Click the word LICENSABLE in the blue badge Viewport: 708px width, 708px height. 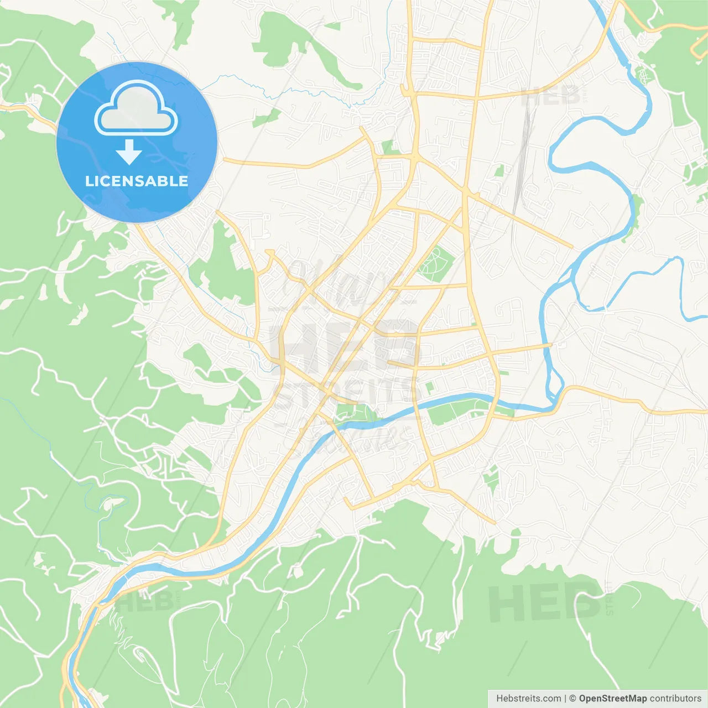point(137,181)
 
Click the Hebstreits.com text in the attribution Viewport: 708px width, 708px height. point(528,698)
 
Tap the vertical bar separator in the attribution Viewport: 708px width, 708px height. point(565,698)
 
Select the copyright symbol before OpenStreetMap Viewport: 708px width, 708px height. point(572,698)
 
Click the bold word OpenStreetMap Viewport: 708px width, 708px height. point(612,698)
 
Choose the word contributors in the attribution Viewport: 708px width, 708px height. point(675,698)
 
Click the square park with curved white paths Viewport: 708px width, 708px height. point(435,262)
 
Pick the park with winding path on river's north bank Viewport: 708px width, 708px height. point(354,413)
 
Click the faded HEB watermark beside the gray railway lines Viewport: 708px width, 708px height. point(550,97)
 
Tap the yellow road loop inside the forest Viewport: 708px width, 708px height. point(698,49)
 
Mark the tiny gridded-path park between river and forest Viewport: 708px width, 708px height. point(642,75)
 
